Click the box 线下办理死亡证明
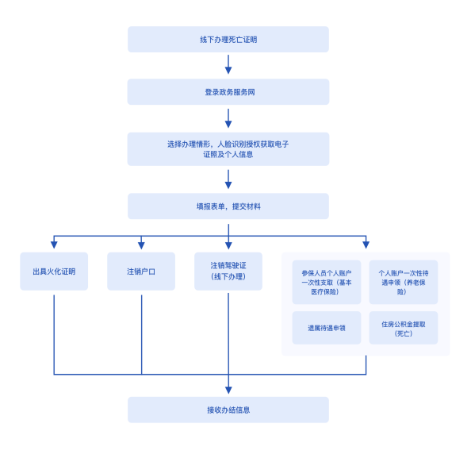(x=228, y=40)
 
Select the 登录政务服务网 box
(x=228, y=92)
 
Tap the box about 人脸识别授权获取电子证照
(x=228, y=149)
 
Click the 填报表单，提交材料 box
(x=228, y=206)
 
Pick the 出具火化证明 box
(x=54, y=272)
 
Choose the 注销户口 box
(x=141, y=272)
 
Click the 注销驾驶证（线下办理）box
(x=228, y=272)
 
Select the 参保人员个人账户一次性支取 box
(x=327, y=282)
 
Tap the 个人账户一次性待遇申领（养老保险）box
(x=404, y=282)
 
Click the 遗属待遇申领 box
(x=327, y=328)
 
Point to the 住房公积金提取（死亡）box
(x=404, y=328)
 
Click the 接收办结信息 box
(x=228, y=410)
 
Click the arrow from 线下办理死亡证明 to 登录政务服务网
(x=228, y=64)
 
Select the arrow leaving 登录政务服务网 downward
(x=228, y=118)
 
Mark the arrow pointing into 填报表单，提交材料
(x=228, y=179)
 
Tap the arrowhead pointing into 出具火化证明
(x=54, y=245)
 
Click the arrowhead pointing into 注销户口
(x=141, y=245)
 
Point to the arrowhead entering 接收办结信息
(x=228, y=390)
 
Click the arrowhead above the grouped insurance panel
(x=366, y=245)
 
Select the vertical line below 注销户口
(x=141, y=335)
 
